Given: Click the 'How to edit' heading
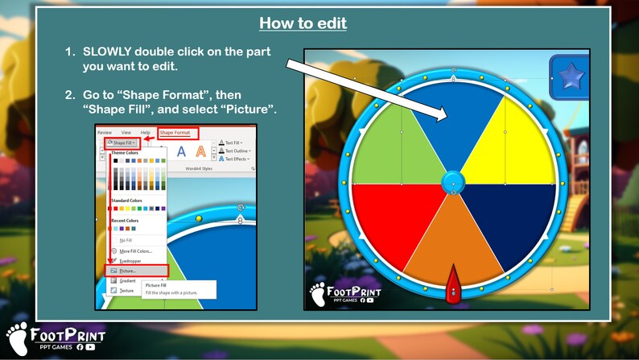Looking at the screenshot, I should tap(303, 23).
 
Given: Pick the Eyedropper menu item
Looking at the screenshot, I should tap(131, 261).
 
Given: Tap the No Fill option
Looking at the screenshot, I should tap(126, 240).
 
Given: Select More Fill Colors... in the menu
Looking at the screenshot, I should tap(135, 250).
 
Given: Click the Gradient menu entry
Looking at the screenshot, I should tap(128, 280).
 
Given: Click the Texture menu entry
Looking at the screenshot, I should tap(126, 290).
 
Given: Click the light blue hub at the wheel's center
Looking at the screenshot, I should tap(453, 181).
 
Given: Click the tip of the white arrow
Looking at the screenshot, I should tap(445, 118).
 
